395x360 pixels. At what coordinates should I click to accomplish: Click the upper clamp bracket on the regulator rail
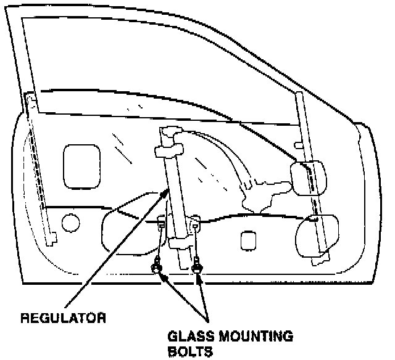[x=168, y=150]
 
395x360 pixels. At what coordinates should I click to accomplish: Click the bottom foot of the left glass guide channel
[x=54, y=237]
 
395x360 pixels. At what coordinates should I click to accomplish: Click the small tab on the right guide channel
[x=298, y=146]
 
